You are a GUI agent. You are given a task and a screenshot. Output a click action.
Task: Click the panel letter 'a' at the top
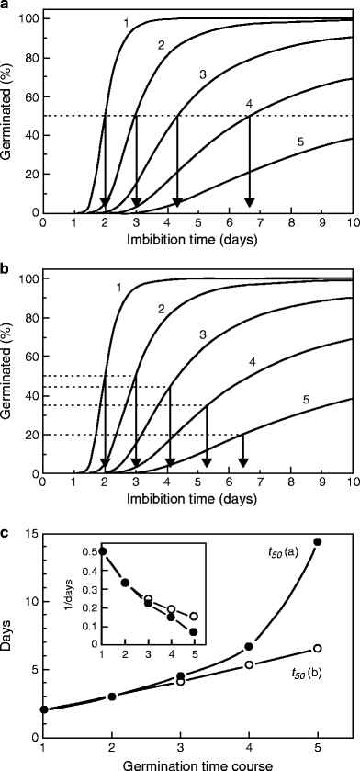pyautogui.click(x=6, y=6)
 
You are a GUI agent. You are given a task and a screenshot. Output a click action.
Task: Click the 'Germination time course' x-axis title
pyautogui.click(x=197, y=763)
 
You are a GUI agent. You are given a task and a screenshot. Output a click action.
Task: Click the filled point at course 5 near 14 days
pyautogui.click(x=318, y=541)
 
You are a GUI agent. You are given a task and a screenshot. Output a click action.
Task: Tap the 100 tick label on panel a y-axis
pyautogui.click(x=29, y=19)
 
